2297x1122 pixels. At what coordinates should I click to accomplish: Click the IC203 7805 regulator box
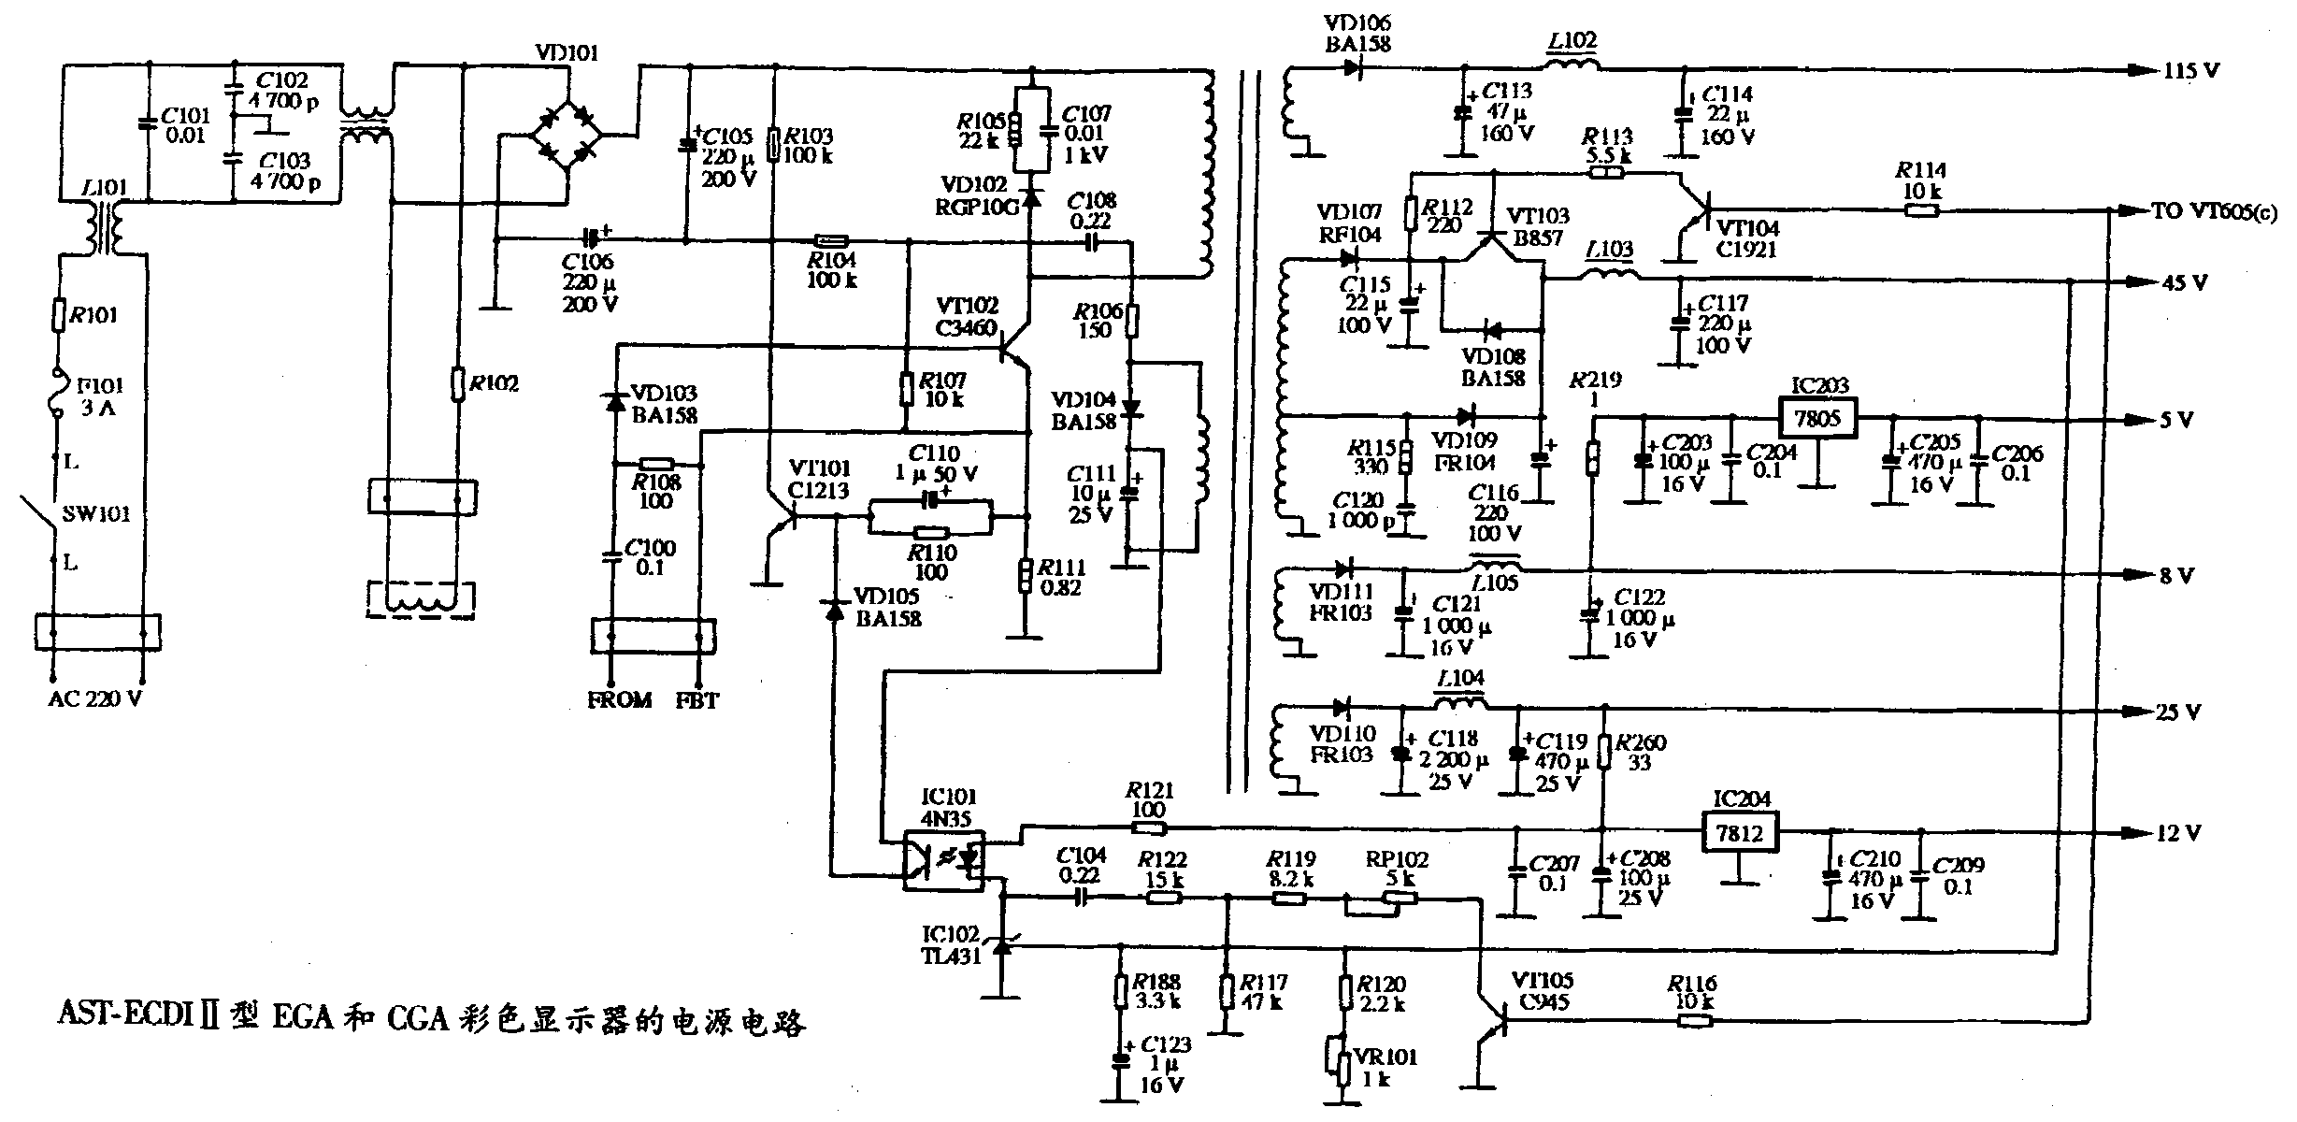pos(1816,418)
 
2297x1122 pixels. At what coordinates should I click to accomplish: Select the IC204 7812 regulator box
pos(1739,831)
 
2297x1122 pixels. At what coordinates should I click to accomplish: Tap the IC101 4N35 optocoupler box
pos(944,859)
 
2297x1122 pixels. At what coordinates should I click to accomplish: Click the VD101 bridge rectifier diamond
pos(566,137)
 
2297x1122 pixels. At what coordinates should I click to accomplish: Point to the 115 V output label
pos(2189,71)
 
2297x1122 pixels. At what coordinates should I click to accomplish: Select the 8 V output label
pos(2175,576)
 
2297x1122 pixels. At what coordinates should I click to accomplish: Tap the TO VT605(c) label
pos(2214,212)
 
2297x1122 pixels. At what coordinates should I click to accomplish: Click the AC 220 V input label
pos(95,699)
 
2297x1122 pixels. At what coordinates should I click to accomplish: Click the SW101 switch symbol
pos(39,514)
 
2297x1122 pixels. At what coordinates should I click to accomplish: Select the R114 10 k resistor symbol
pos(1921,211)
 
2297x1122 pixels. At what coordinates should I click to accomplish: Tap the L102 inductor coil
pos(1572,66)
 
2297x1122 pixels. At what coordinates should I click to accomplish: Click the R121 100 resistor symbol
pos(1149,827)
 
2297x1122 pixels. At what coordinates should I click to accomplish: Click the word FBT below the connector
pos(697,700)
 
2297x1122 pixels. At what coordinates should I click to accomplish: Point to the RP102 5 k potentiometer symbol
pos(1382,900)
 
